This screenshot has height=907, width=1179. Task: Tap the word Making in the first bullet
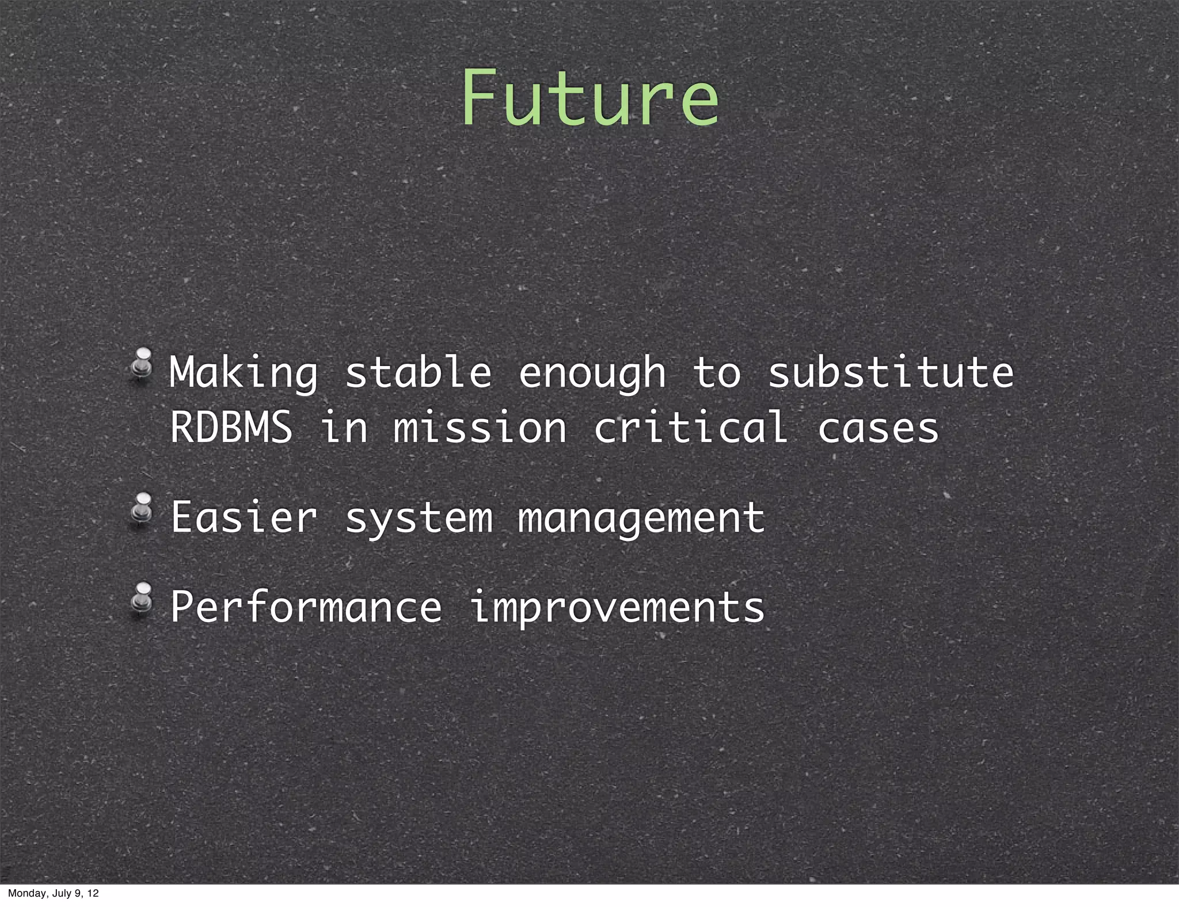pos(244,374)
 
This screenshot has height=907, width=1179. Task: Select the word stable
pos(418,372)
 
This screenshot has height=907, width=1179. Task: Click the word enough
pos(592,374)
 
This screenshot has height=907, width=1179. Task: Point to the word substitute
pos(891,372)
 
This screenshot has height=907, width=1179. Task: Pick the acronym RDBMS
pos(231,428)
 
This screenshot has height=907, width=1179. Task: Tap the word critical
pos(691,428)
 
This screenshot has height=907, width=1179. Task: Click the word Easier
pos(244,517)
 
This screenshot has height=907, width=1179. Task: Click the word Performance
pos(306,607)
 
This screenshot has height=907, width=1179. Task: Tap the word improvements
pos(617,607)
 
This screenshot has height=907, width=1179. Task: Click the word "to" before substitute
pos(717,372)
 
